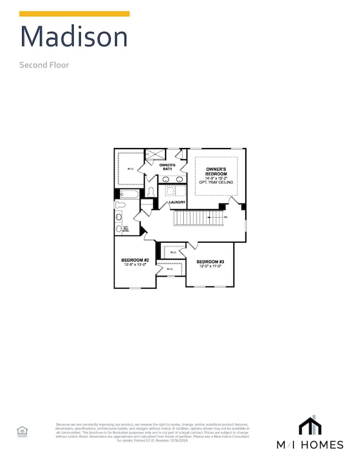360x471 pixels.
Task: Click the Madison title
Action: tap(74, 37)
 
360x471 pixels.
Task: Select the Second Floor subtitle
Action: tap(44, 65)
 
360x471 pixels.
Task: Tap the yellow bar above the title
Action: tap(75, 14)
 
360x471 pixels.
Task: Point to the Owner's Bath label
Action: tap(167, 167)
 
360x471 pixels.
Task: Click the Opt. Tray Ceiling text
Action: tap(216, 182)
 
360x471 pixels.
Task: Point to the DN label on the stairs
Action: tap(225, 217)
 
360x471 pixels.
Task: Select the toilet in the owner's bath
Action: tap(151, 192)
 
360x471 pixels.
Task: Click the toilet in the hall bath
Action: tap(121, 205)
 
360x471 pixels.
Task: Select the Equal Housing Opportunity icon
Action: tap(22, 432)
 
